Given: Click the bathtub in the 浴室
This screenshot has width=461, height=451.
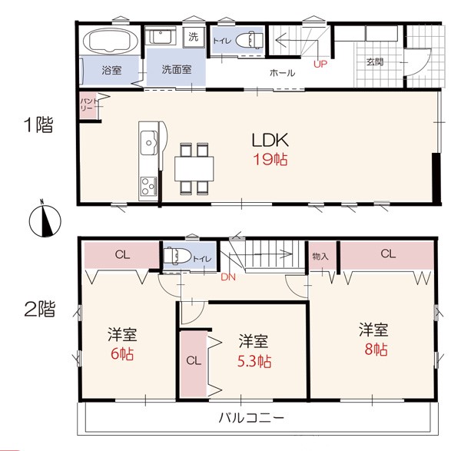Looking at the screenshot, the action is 111,41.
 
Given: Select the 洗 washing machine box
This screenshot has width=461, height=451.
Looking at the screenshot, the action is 193,38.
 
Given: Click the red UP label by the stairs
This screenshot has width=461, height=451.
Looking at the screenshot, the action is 320,64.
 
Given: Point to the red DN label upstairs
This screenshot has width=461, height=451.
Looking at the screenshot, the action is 228,277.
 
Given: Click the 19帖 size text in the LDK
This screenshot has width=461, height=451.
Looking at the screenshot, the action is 270,160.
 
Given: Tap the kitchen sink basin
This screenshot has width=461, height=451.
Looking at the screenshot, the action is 148,143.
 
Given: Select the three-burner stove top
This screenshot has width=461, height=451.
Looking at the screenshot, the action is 148,186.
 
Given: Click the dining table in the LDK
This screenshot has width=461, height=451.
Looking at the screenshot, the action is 194,169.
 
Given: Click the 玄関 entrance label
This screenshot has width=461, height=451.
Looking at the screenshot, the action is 375,62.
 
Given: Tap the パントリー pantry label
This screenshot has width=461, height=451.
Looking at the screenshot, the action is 88,104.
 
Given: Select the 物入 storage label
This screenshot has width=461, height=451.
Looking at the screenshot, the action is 320,257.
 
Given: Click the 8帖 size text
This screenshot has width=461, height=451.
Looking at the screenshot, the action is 376,350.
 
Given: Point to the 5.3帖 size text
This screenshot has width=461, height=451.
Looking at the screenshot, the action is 254,362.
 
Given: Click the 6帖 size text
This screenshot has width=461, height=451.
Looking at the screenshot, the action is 122,354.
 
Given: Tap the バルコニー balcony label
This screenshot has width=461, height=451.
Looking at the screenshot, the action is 252,417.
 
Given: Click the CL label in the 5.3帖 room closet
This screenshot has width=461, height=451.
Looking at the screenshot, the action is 194,360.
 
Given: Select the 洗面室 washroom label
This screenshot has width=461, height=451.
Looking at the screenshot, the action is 177,70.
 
